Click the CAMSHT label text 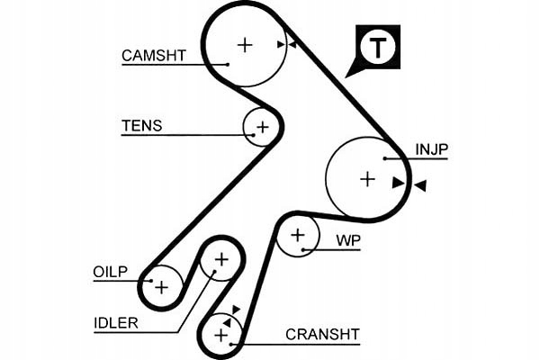[x=154, y=55]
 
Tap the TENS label [x=142, y=126]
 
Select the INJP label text [x=431, y=149]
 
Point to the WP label [x=347, y=240]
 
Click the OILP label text [x=111, y=272]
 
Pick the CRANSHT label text [x=322, y=334]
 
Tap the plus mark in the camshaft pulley [x=245, y=43]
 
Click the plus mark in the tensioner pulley [x=262, y=127]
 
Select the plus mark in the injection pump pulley [x=366, y=179]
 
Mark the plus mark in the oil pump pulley [x=161, y=287]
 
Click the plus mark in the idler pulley [x=220, y=259]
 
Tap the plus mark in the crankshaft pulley [x=220, y=335]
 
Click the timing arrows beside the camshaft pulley [x=287, y=43]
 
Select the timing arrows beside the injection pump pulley [x=409, y=184]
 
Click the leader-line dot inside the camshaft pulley [x=229, y=64]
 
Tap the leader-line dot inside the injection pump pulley [x=385, y=158]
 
